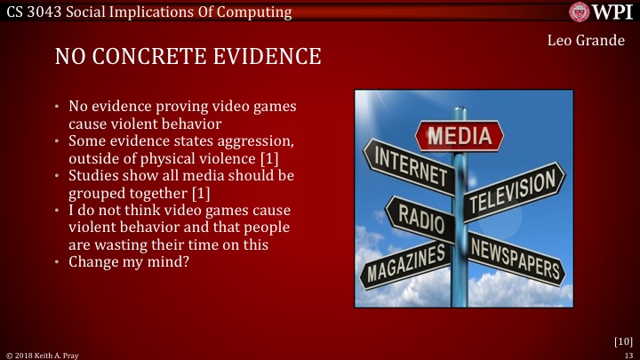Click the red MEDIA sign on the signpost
pos(460,136)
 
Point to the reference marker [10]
pos(622,340)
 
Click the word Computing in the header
pos(255,12)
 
